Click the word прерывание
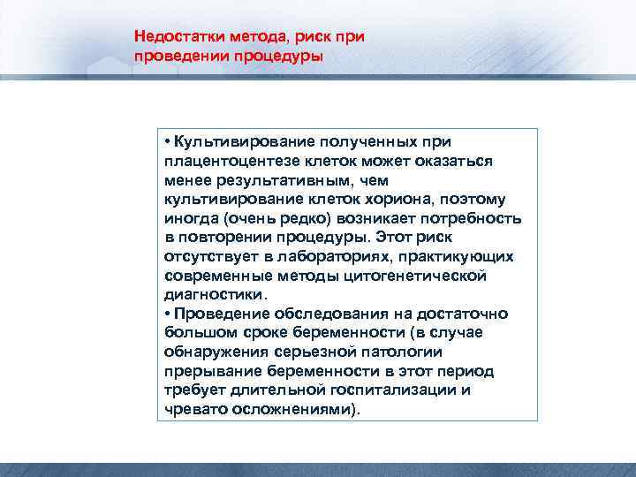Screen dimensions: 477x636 (x=208, y=372)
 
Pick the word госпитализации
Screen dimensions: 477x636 (x=392, y=390)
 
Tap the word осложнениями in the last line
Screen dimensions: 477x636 (x=297, y=410)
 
